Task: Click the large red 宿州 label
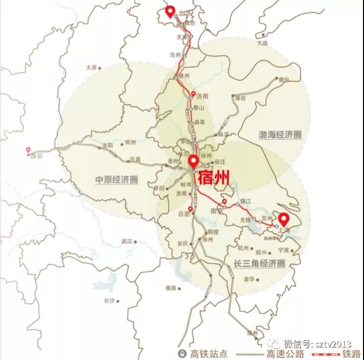click(213, 177)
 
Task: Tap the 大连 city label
click(262, 43)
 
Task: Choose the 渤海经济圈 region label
click(280, 135)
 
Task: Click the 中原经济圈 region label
click(116, 180)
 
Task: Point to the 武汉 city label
click(126, 241)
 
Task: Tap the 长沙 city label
click(109, 300)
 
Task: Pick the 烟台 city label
click(284, 80)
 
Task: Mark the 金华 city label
click(249, 279)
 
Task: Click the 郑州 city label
click(130, 142)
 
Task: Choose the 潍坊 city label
click(240, 98)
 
